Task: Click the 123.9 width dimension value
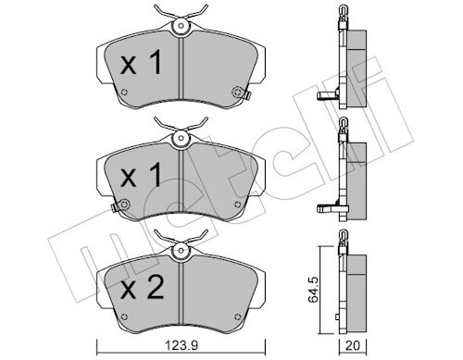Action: (182, 346)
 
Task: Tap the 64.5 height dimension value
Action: (314, 290)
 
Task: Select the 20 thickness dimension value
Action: (353, 346)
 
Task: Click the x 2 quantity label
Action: (142, 288)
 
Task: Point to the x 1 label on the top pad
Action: (141, 63)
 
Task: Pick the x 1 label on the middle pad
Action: (141, 175)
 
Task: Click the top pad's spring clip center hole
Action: (181, 26)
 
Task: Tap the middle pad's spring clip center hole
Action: (181, 138)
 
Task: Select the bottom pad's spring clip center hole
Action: (181, 250)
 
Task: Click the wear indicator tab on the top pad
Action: (246, 94)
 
